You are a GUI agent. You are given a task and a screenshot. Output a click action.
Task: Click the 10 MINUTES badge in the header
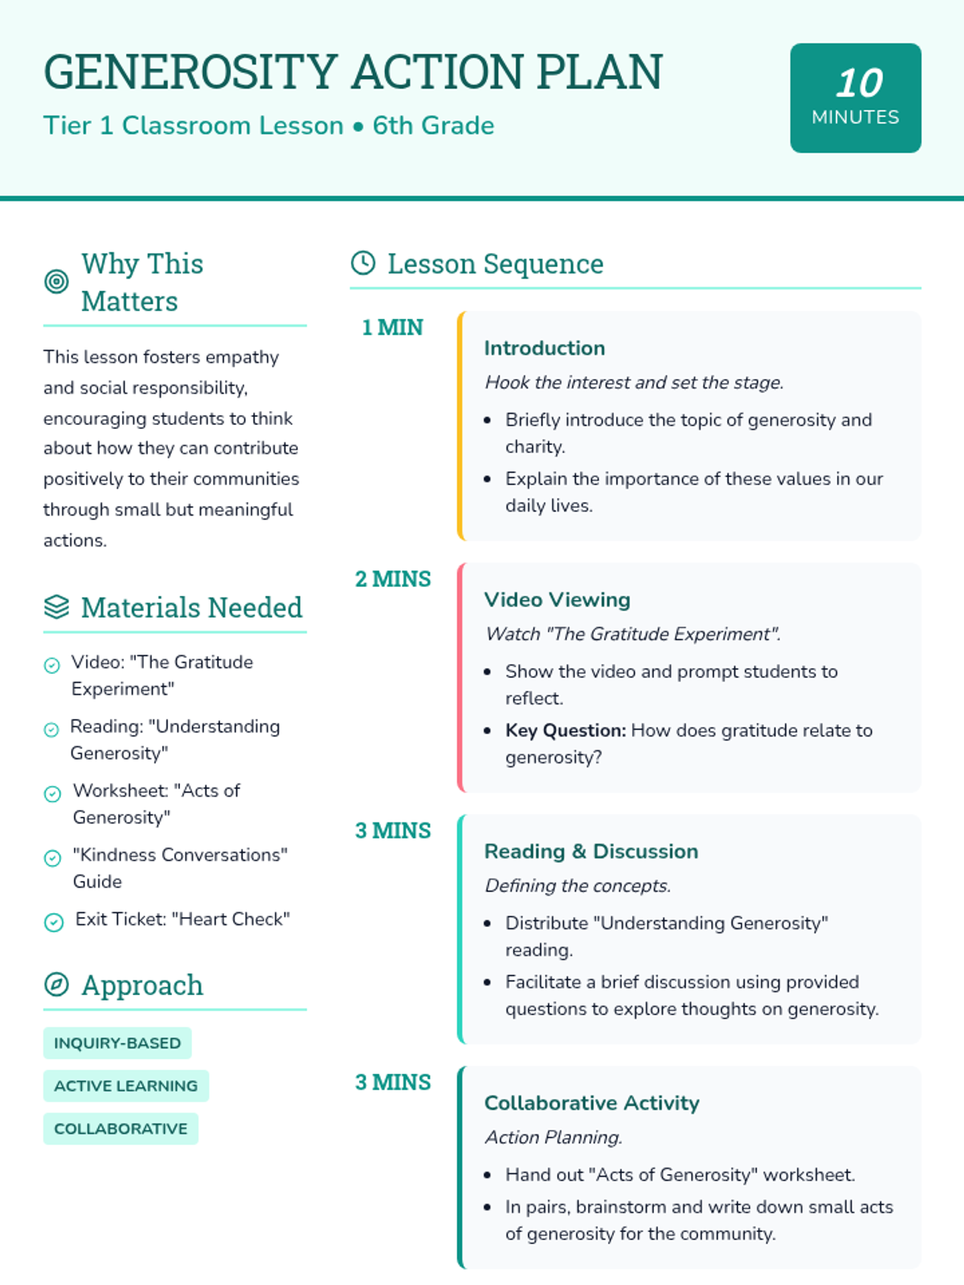click(856, 98)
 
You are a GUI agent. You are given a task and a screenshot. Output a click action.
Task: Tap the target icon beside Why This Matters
click(56, 282)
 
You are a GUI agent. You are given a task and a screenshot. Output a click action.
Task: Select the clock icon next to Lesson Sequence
click(363, 263)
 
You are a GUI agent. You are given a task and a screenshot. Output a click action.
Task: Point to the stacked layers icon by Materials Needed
click(56, 607)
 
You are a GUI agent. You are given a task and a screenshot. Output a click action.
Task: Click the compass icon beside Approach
click(56, 985)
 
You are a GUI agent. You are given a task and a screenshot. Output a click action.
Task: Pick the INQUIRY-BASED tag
click(117, 1043)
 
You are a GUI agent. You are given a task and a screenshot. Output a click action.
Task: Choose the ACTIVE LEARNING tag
click(125, 1086)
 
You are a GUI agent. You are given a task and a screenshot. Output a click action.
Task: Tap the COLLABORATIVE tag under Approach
click(120, 1128)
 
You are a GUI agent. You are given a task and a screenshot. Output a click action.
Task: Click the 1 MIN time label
click(392, 328)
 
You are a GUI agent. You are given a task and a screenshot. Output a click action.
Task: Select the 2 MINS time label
click(393, 579)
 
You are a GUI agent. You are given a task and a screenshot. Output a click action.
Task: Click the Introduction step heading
click(544, 348)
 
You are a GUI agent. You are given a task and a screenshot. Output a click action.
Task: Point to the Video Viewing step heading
click(557, 600)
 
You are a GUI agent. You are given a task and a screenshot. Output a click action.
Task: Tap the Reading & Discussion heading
click(590, 851)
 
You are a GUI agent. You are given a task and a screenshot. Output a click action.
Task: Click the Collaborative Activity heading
click(591, 1103)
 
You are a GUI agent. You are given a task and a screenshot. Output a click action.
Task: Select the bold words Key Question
click(566, 731)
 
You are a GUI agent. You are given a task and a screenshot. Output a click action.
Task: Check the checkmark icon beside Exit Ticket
click(54, 922)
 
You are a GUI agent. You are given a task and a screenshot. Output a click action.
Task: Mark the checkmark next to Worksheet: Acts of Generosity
click(52, 793)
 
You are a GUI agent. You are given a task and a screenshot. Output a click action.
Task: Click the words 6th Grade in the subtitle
click(433, 126)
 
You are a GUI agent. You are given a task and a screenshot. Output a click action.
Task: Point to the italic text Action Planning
click(553, 1137)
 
